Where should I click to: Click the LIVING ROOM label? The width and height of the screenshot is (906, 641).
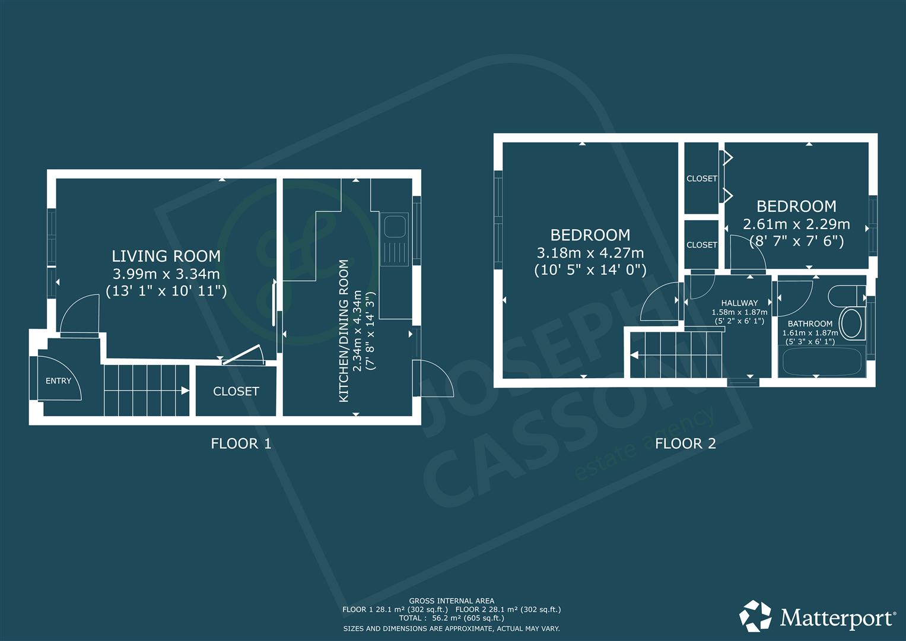[x=166, y=256]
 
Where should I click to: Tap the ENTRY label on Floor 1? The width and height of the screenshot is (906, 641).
[x=58, y=381]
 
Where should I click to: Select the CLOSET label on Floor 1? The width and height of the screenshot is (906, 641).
[x=236, y=391]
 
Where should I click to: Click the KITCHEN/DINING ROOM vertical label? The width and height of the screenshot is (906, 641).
[x=344, y=331]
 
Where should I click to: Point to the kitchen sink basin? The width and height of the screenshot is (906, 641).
[x=395, y=227]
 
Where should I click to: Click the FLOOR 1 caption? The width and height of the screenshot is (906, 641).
[x=241, y=443]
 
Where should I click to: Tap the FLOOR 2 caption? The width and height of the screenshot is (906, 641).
[x=685, y=443]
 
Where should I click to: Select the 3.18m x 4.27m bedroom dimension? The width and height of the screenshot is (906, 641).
[x=590, y=253]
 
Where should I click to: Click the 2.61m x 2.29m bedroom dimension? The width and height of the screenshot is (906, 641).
[x=796, y=224]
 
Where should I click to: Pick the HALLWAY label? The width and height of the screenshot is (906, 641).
[x=739, y=303]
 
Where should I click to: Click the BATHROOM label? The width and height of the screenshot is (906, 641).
[x=810, y=323]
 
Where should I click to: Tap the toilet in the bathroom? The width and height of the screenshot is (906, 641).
[x=847, y=296]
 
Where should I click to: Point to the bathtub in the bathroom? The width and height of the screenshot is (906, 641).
[x=821, y=360]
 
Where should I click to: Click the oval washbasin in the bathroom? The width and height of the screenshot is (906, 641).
[x=852, y=323]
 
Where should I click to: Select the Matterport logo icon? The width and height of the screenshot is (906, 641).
[x=755, y=615]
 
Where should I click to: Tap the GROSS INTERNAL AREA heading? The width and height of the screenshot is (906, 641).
[x=452, y=601]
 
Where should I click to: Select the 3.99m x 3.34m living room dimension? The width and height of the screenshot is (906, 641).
[x=166, y=274]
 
